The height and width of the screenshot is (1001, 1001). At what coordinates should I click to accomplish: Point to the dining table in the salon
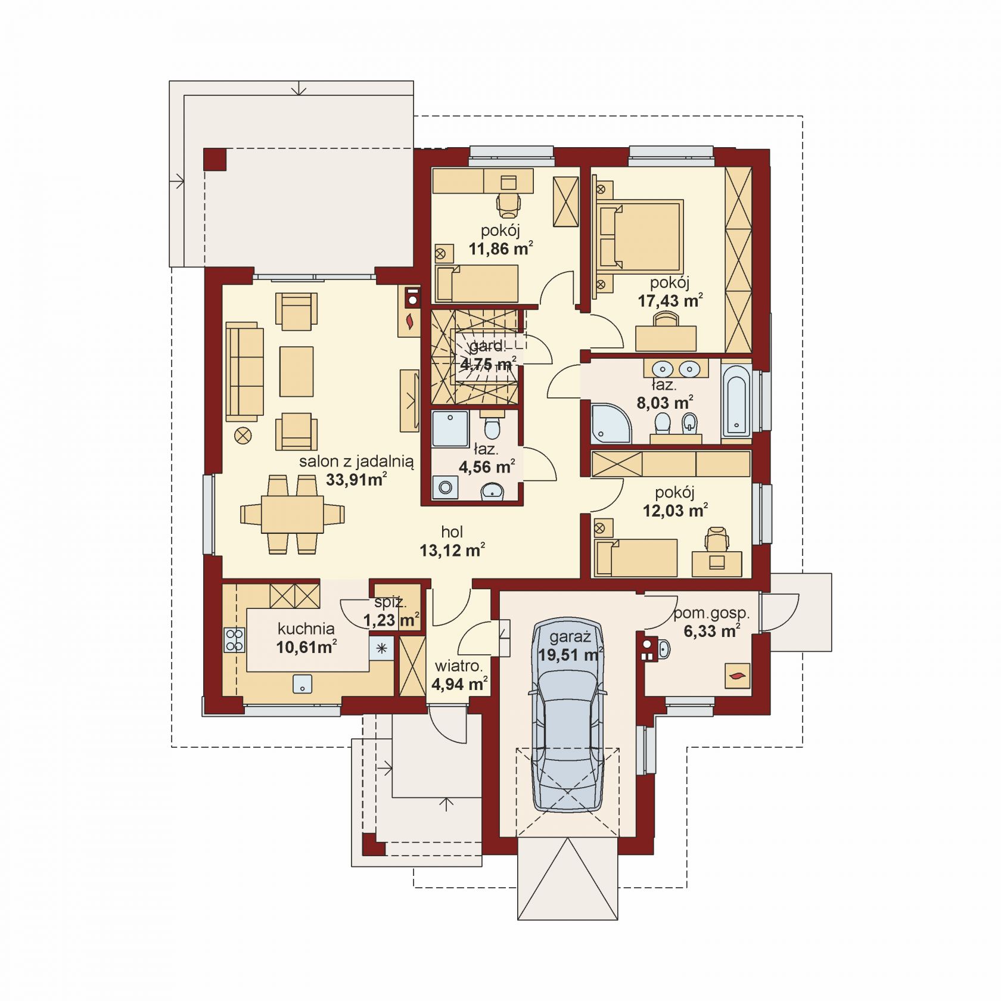click(293, 514)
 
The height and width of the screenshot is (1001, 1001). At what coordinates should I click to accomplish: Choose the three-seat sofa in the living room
click(244, 371)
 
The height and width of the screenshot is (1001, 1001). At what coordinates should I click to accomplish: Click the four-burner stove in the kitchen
click(234, 639)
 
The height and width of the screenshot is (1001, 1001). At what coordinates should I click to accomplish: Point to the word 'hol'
click(452, 531)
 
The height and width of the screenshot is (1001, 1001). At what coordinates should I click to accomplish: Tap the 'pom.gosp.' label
click(711, 613)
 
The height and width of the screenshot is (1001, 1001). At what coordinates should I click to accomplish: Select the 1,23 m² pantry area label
click(391, 620)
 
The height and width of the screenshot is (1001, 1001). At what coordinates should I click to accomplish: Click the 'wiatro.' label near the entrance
click(458, 666)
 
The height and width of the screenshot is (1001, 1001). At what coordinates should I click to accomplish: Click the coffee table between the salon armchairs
click(296, 371)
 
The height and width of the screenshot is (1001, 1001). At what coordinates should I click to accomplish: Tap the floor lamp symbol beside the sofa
click(243, 436)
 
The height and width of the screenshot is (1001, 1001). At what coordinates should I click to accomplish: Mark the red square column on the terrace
click(215, 160)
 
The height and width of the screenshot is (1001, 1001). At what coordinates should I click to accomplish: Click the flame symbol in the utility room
click(737, 675)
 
